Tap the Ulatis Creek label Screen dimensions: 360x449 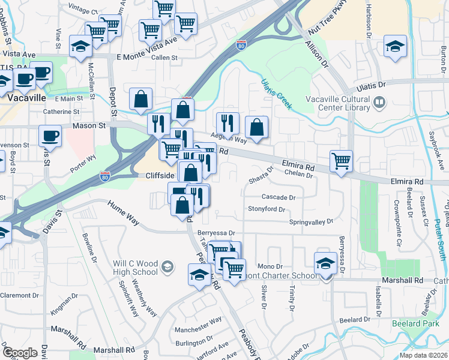[277, 95]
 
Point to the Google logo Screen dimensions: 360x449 [20, 352]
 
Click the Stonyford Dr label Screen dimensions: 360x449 [266, 209]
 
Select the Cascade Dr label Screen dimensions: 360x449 [279, 197]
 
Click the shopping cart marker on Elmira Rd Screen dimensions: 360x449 [341, 161]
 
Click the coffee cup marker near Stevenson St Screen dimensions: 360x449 [50, 135]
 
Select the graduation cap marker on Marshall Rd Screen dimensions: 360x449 [325, 262]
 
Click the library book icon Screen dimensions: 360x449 [379, 103]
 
